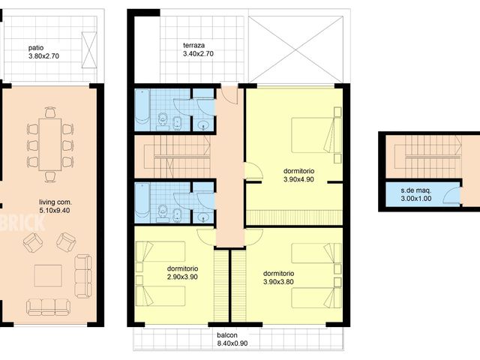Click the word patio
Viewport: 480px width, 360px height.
pyautogui.click(x=36, y=48)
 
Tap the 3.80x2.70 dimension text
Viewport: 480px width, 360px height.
pyautogui.click(x=43, y=56)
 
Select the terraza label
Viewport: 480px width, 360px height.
pyautogui.click(x=193, y=45)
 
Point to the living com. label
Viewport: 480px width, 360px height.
pyautogui.click(x=55, y=202)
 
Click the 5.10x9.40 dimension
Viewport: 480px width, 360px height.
pyautogui.click(x=55, y=210)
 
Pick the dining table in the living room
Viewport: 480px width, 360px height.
pyautogui.click(x=50, y=144)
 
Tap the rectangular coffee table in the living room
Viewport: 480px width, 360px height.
pyautogui.click(x=48, y=275)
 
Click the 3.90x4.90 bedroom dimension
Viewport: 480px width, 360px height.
pyautogui.click(x=298, y=179)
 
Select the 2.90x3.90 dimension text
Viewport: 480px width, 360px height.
pyautogui.click(x=182, y=277)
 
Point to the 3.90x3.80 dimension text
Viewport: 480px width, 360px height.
pyautogui.click(x=278, y=282)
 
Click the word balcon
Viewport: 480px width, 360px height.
pyautogui.click(x=227, y=335)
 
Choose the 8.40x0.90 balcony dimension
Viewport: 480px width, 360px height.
pyautogui.click(x=232, y=343)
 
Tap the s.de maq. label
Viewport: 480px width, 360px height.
pyautogui.click(x=416, y=190)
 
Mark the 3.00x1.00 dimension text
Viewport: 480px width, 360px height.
pyautogui.click(x=416, y=198)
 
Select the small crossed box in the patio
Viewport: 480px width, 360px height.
pyautogui.click(x=89, y=50)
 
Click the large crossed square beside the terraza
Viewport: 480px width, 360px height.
pyautogui.click(x=295, y=49)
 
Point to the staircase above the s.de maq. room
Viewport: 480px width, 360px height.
pyautogui.click(x=424, y=157)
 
